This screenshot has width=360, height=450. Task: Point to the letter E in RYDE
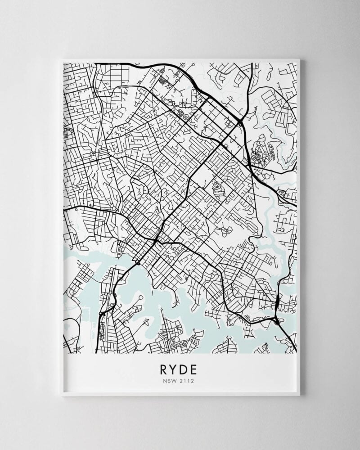click(x=195, y=369)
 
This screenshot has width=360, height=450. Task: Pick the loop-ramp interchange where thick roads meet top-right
click(x=242, y=122)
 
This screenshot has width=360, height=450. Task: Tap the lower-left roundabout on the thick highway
click(x=101, y=313)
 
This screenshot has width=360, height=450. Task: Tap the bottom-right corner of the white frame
click(x=300, y=396)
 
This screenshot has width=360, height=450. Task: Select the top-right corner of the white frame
click(x=300, y=59)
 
